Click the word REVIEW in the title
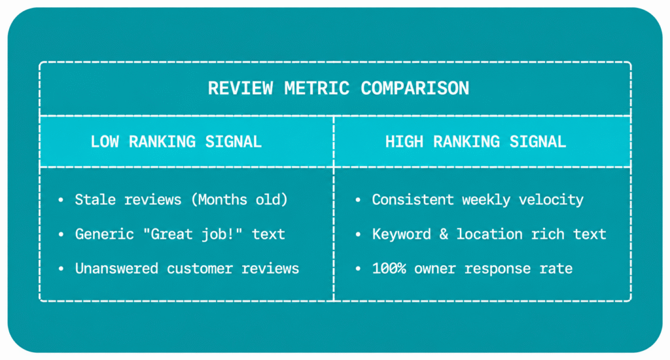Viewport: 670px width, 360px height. pyautogui.click(x=240, y=88)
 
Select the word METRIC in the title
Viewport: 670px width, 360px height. pyautogui.click(x=317, y=88)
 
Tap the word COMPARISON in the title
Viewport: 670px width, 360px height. pyautogui.click(x=415, y=88)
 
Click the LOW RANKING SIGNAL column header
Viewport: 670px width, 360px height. pyautogui.click(x=176, y=141)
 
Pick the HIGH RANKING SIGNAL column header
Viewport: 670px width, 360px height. pyautogui.click(x=476, y=141)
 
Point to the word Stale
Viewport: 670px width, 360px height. pyautogui.click(x=96, y=200)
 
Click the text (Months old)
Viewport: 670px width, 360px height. pyautogui.click(x=239, y=200)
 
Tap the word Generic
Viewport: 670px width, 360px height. pyautogui.click(x=104, y=234)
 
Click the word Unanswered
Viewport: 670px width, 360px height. pyautogui.click(x=116, y=268)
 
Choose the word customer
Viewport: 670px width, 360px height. pyautogui.click(x=200, y=269)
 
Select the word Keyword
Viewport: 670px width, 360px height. pyautogui.click(x=402, y=234)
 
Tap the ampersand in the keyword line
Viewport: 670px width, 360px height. pyautogui.click(x=444, y=234)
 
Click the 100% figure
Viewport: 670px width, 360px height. pyautogui.click(x=389, y=268)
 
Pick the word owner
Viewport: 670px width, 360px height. pyautogui.click(x=434, y=269)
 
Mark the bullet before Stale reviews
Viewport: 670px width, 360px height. pyautogui.click(x=61, y=200)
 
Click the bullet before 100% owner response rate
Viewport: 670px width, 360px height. pyautogui.click(x=358, y=269)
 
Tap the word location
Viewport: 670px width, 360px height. pyautogui.click(x=489, y=234)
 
